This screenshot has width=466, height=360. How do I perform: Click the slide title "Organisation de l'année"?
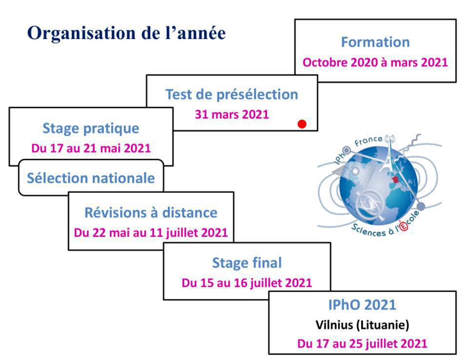126,33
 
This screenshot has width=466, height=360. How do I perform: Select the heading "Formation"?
375,42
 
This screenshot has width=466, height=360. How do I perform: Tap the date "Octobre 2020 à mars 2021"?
375,63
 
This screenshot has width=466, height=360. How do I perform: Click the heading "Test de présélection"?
232,94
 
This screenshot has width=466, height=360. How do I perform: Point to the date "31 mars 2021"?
232,115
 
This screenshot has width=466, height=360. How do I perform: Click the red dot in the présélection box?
302,124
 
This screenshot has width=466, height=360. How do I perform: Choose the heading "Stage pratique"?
91,128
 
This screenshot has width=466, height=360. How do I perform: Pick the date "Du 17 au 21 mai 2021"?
91,148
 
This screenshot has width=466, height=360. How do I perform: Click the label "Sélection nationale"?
91,178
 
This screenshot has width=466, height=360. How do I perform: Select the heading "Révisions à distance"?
151,212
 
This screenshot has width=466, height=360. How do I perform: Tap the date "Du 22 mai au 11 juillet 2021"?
151,232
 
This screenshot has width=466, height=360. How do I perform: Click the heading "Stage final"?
247,263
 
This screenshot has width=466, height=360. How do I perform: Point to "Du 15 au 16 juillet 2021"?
247,283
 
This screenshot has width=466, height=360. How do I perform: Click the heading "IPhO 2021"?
362,305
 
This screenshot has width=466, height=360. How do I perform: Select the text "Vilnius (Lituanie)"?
362,324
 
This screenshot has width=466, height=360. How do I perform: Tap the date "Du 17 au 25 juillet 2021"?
362,343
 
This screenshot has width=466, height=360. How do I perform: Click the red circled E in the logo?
404,227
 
